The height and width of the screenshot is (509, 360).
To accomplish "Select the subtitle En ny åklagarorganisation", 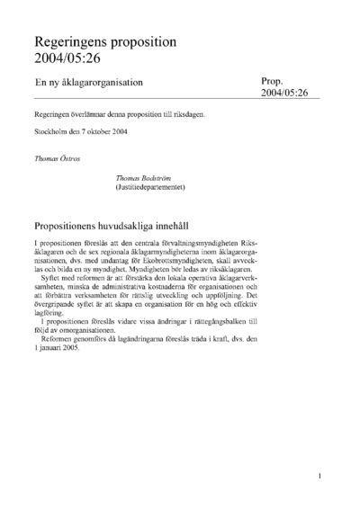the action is click(x=89, y=82).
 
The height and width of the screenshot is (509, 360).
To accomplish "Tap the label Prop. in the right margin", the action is click(x=273, y=81).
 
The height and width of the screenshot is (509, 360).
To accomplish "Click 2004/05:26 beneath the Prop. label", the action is click(x=284, y=93).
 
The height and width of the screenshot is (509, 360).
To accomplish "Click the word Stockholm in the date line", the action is click(x=51, y=132).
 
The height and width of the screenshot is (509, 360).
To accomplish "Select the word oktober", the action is click(x=112, y=132).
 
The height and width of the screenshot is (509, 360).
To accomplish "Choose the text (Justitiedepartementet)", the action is click(x=149, y=187).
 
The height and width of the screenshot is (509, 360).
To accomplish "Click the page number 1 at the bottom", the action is click(x=320, y=476).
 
